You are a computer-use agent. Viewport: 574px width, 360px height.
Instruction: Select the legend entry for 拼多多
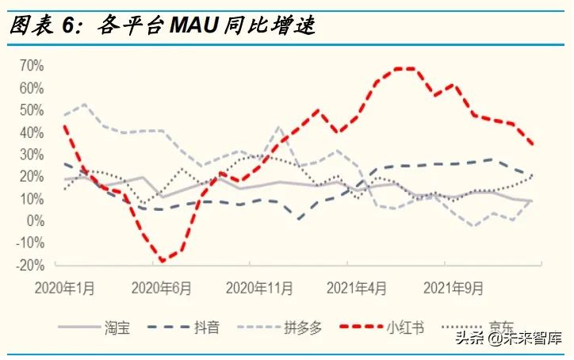click(x=305, y=327)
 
